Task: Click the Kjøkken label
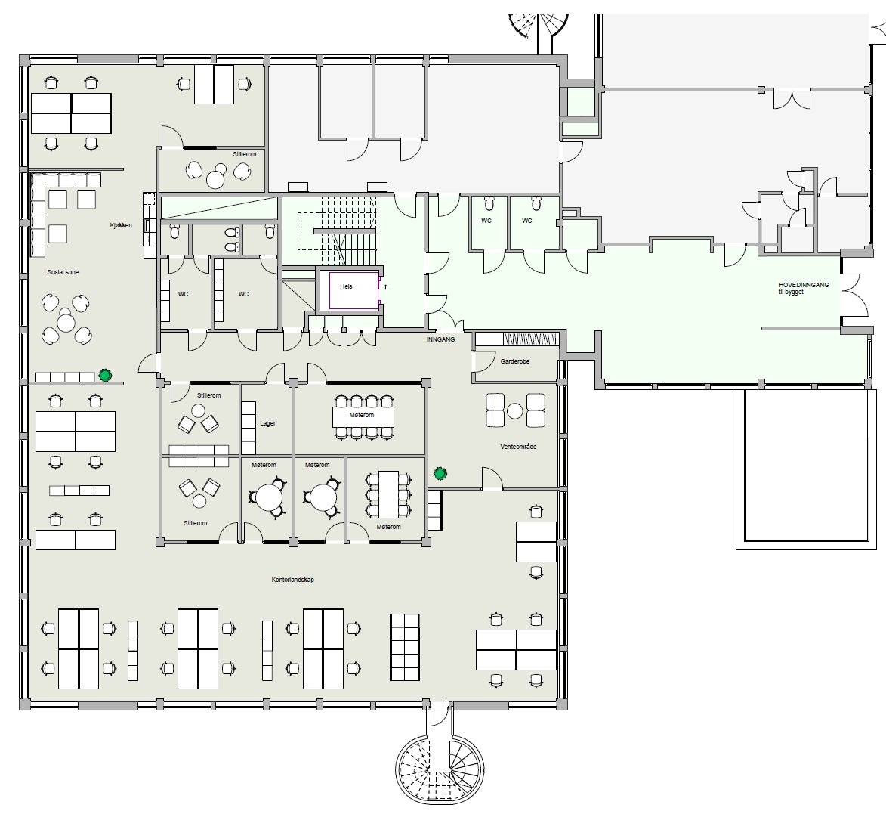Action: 121,225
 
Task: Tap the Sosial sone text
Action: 63,272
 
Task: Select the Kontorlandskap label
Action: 293,580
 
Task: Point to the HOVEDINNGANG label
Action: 804,285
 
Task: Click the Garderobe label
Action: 515,361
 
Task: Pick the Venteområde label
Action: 518,447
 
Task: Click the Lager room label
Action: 268,423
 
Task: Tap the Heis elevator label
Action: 347,286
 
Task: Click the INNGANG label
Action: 441,339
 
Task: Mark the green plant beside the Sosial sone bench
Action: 105,375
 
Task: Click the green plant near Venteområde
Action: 440,474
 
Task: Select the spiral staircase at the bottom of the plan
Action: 440,768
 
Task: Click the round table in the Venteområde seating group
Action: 515,411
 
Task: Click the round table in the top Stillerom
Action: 215,179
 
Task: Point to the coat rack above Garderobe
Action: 530,339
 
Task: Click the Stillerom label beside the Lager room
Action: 209,395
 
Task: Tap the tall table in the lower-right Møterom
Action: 389,494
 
